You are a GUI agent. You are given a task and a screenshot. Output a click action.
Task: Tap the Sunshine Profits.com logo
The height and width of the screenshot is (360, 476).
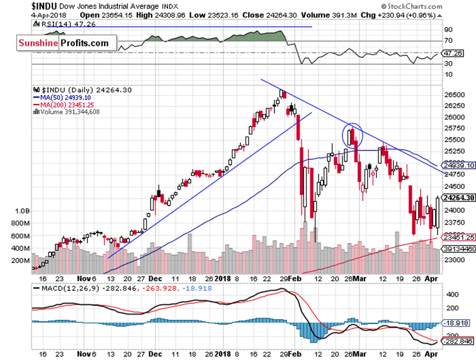pos(62,43)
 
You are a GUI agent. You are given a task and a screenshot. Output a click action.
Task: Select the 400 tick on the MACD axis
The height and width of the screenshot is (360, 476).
pos(452,293)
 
